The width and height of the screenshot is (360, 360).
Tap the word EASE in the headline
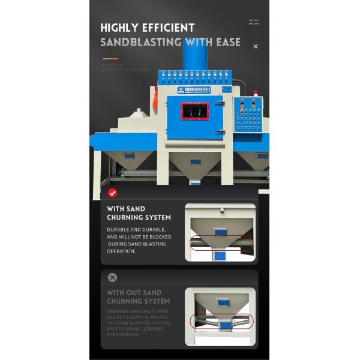[227, 43]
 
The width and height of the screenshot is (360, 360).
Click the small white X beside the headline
[256, 46]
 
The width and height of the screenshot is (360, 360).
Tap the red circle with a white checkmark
[112, 193]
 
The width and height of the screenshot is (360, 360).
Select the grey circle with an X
[112, 278]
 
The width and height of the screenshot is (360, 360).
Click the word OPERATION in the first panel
[121, 251]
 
